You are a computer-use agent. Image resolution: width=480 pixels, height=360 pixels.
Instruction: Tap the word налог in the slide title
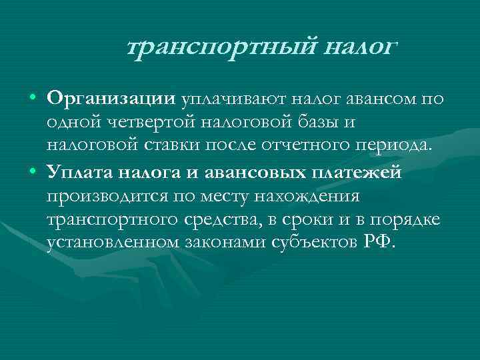[x=360, y=47]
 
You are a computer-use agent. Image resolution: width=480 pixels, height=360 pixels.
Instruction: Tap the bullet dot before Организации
[x=33, y=100]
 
